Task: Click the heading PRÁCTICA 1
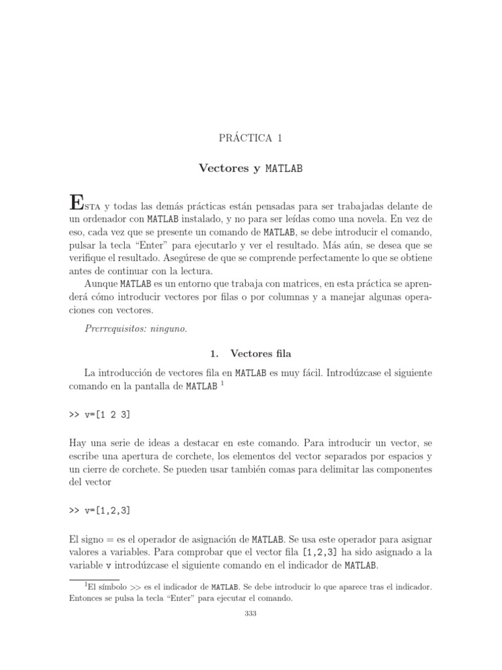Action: [251, 139]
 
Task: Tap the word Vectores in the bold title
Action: [223, 169]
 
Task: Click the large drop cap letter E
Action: [76, 202]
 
